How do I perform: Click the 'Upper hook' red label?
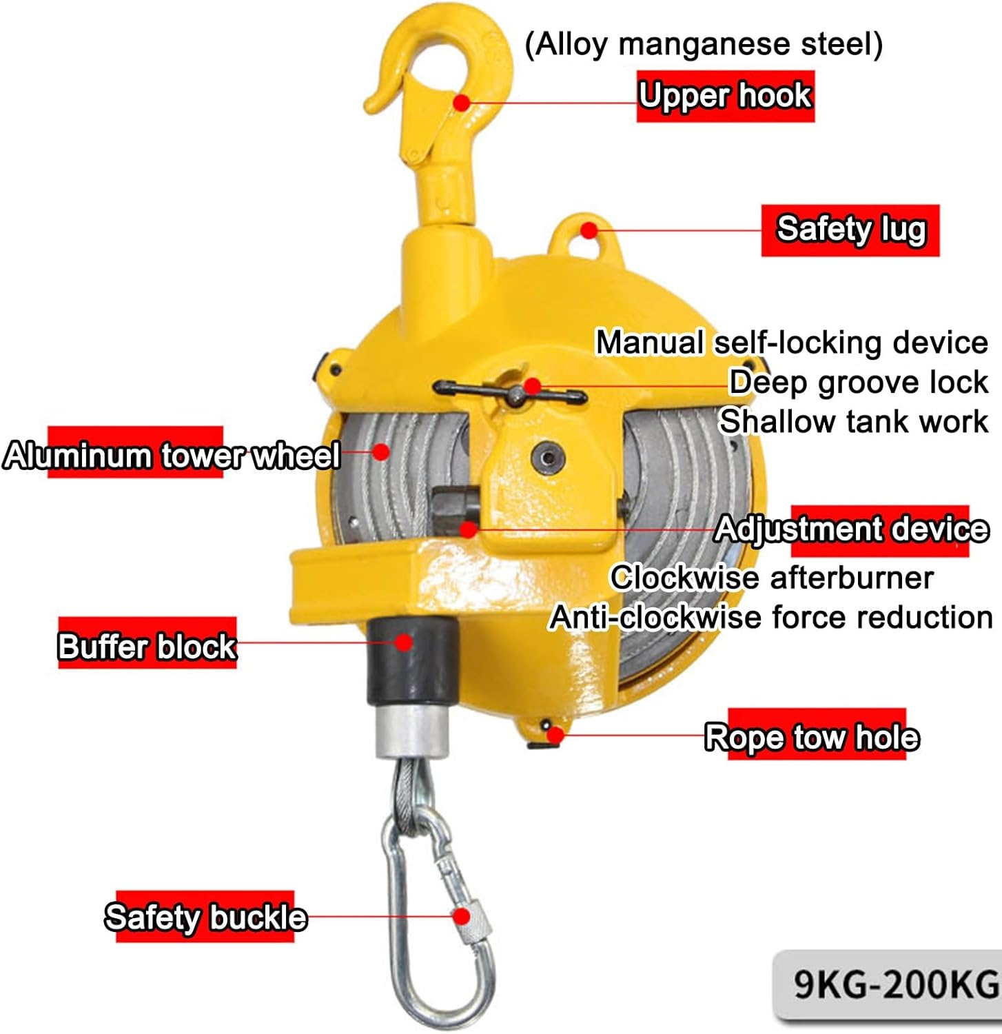pyautogui.click(x=725, y=96)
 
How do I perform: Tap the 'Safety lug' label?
pyautogui.click(x=850, y=230)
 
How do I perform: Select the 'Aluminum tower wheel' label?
pyautogui.click(x=171, y=455)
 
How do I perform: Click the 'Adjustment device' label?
pyautogui.click(x=852, y=529)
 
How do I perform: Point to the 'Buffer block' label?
pyautogui.click(x=147, y=646)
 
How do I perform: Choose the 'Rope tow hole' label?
pyautogui.click(x=812, y=736)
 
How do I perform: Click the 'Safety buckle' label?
pyautogui.click(x=205, y=917)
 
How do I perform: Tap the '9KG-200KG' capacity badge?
pyautogui.click(x=894, y=984)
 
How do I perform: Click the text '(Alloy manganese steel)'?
pyautogui.click(x=703, y=45)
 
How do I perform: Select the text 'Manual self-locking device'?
pyautogui.click(x=791, y=343)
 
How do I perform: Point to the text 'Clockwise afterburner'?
pyautogui.click(x=772, y=578)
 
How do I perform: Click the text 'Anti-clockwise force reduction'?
pyautogui.click(x=770, y=617)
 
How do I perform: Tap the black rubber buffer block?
pyautogui.click(x=412, y=660)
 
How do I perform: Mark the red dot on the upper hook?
pyautogui.click(x=462, y=103)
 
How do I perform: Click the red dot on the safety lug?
pyautogui.click(x=588, y=230)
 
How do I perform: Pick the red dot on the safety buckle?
pyautogui.click(x=461, y=917)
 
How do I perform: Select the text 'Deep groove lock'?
pyautogui.click(x=858, y=382)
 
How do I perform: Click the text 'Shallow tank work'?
pyautogui.click(x=853, y=421)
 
